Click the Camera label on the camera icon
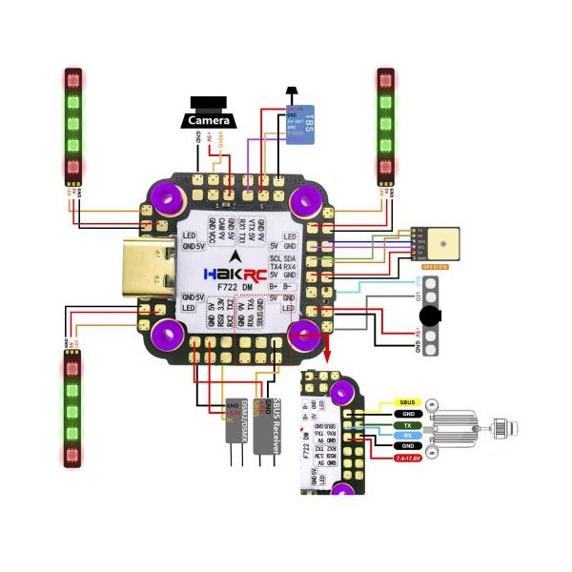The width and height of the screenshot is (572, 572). click(207, 122)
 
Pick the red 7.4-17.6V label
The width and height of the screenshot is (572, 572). click(408, 460)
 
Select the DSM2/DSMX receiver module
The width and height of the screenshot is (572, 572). click(236, 431)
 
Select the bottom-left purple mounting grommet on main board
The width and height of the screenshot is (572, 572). click(170, 333)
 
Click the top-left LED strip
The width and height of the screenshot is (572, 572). click(73, 125)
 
